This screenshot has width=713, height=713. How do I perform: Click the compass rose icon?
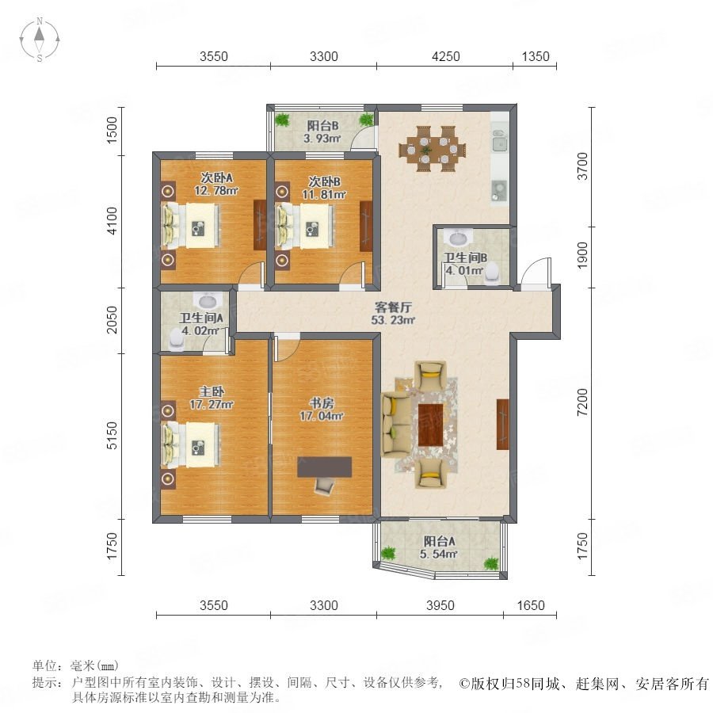click(x=40, y=40)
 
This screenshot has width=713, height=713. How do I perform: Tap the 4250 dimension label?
click(x=445, y=56)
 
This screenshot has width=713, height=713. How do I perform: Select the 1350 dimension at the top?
click(x=536, y=56)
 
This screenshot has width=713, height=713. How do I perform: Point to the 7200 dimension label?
click(x=582, y=402)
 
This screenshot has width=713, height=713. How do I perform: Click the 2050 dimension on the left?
click(x=112, y=320)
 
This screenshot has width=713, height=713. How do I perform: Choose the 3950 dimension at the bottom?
click(x=440, y=605)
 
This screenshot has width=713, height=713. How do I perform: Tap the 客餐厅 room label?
click(x=393, y=307)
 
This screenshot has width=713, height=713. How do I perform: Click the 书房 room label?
click(x=322, y=403)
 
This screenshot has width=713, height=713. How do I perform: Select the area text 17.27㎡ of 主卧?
click(x=212, y=404)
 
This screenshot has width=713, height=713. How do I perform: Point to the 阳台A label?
click(x=439, y=541)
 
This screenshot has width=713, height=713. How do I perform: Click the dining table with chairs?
click(x=432, y=149)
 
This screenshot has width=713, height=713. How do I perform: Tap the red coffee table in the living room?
click(x=430, y=425)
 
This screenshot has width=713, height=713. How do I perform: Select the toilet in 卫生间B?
click(x=491, y=274)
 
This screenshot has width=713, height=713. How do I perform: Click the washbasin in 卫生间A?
click(x=208, y=300)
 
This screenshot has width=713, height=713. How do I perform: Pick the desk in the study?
click(x=324, y=467)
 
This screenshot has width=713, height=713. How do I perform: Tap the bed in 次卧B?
click(x=304, y=226)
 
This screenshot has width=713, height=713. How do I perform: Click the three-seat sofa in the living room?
click(x=396, y=425)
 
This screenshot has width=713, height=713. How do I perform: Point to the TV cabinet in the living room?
click(x=502, y=425)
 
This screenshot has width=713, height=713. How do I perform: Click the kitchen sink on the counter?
click(x=499, y=140)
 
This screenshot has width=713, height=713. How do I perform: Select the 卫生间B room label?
click(x=465, y=257)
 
